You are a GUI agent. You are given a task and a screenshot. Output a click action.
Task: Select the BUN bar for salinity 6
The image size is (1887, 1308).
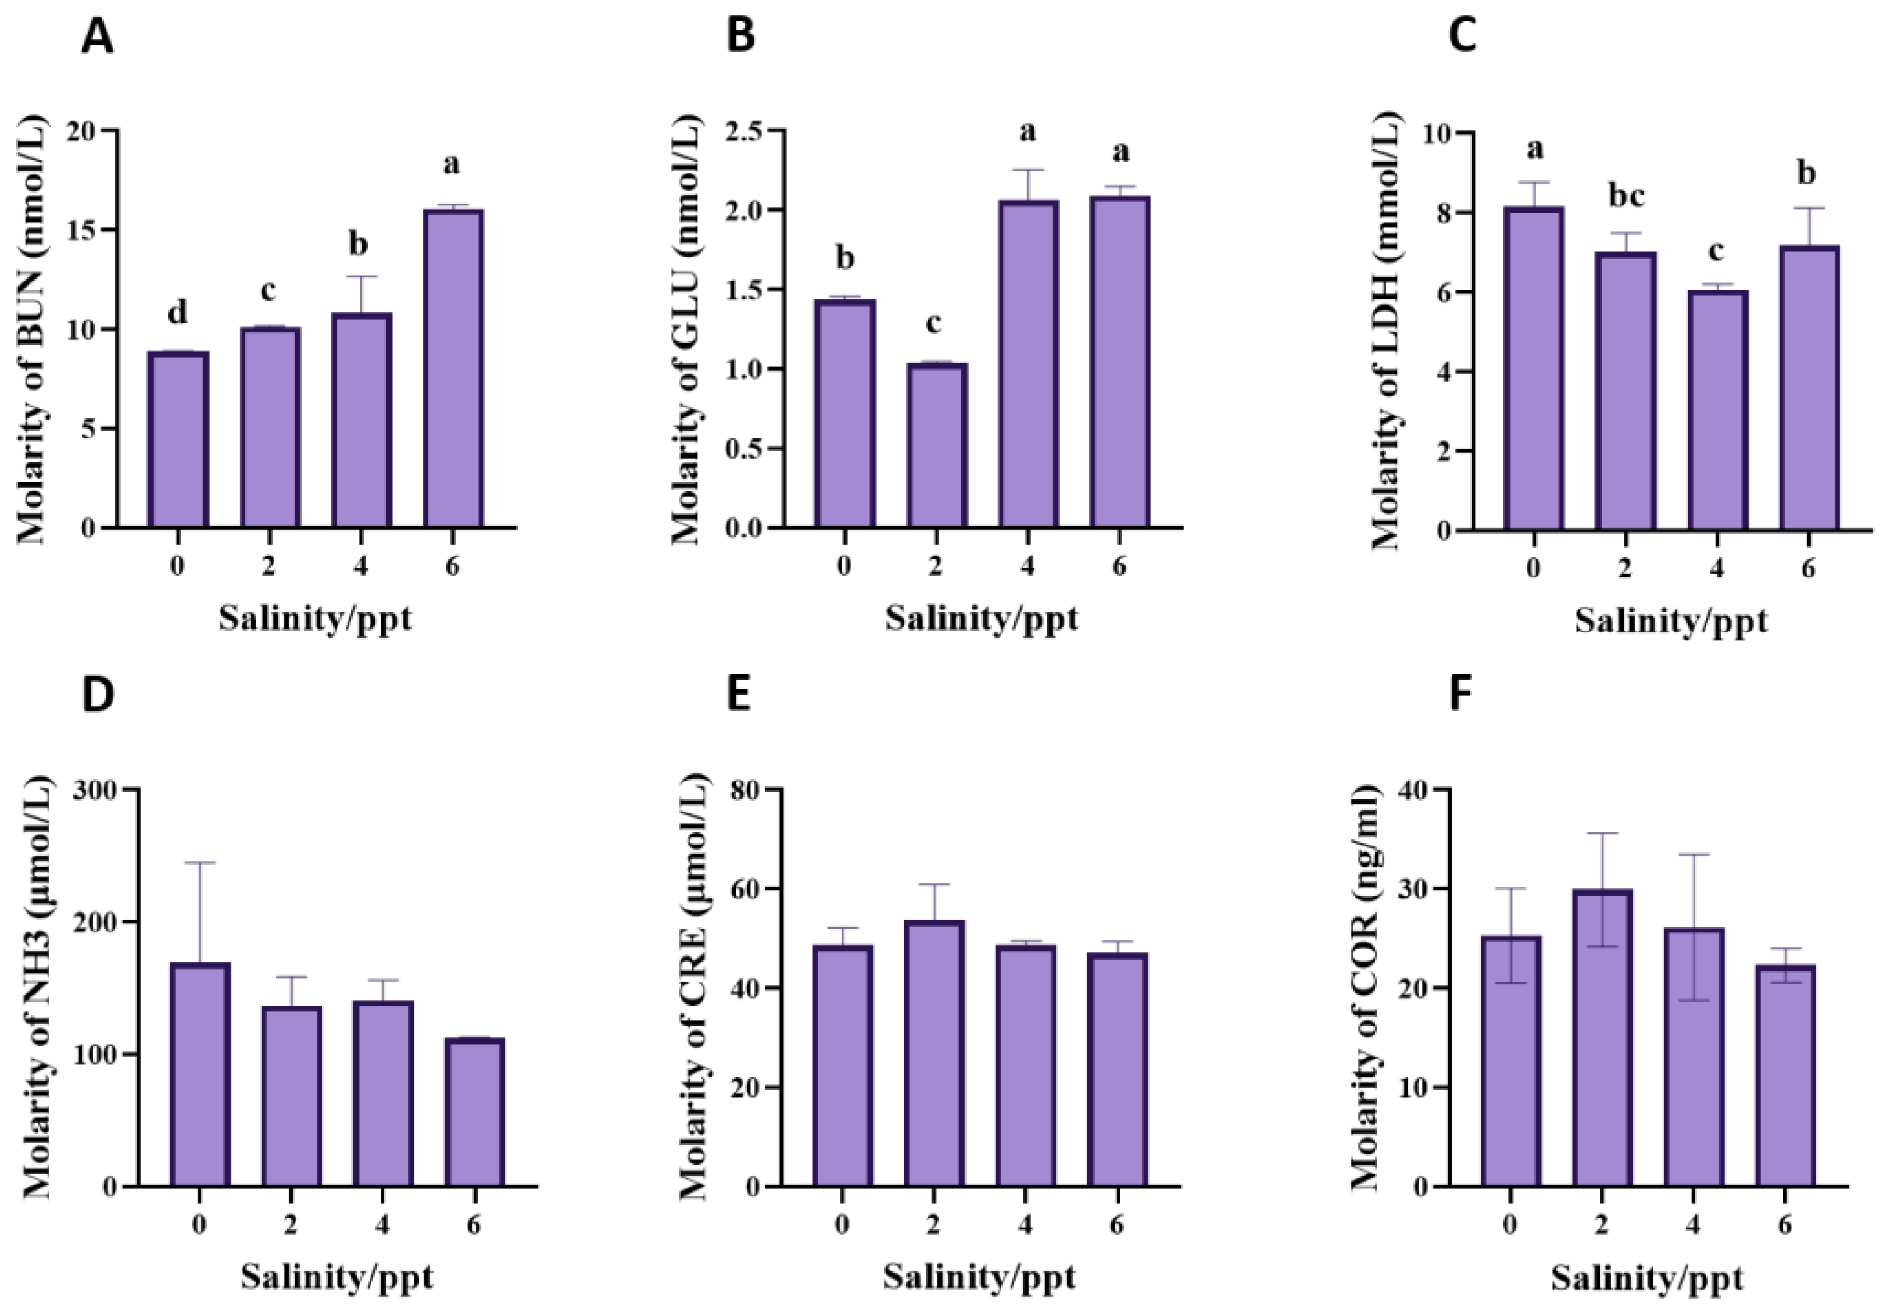point(453,369)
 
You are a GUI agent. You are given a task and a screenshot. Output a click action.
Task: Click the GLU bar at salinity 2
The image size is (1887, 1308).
point(936,446)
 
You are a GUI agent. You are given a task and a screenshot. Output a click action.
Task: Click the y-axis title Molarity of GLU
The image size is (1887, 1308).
point(687,328)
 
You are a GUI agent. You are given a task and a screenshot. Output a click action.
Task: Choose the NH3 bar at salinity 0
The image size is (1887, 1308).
point(199,1074)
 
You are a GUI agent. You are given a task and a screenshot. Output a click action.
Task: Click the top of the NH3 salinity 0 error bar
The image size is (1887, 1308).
point(199,862)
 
